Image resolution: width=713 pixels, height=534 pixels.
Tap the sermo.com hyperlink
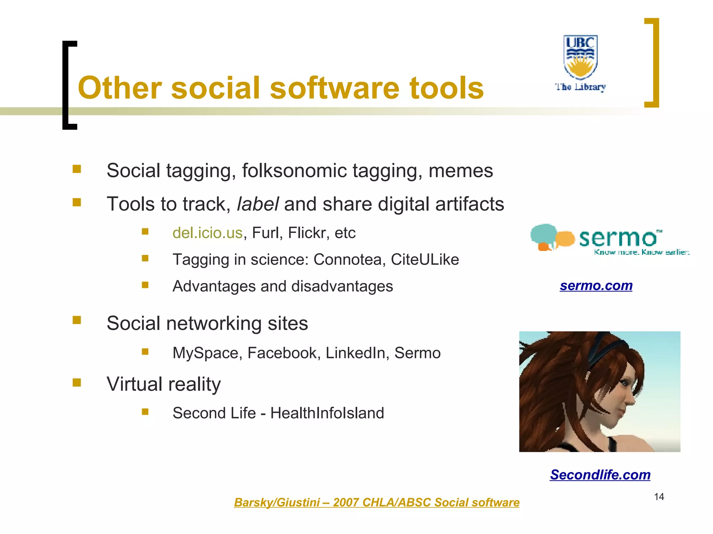pyautogui.click(x=596, y=285)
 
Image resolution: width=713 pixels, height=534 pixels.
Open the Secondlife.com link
pyautogui.click(x=600, y=475)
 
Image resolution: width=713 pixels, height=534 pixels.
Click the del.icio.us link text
pyautogui.click(x=207, y=233)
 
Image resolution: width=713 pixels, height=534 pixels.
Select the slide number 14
pyautogui.click(x=659, y=497)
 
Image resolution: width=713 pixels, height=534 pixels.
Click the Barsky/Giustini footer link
pyautogui.click(x=376, y=502)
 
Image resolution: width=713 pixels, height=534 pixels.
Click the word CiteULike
pyautogui.click(x=425, y=260)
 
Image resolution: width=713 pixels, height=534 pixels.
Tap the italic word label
pyautogui.click(x=258, y=204)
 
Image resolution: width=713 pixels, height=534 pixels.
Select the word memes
pyautogui.click(x=461, y=171)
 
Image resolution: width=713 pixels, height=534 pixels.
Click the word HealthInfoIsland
pyautogui.click(x=327, y=413)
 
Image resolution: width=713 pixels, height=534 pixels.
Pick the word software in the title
pyautogui.click(x=334, y=88)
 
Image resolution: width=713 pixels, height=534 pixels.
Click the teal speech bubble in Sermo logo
pyautogui.click(x=543, y=235)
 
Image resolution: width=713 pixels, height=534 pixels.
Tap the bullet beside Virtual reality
pyautogui.click(x=77, y=383)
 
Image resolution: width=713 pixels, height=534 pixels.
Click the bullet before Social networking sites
pyautogui.click(x=77, y=320)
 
